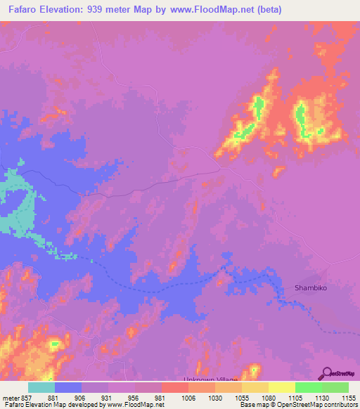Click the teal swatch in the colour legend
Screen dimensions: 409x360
point(41,387)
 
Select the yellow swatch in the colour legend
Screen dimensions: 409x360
point(282,387)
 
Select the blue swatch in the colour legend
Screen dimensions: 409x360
point(68,387)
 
